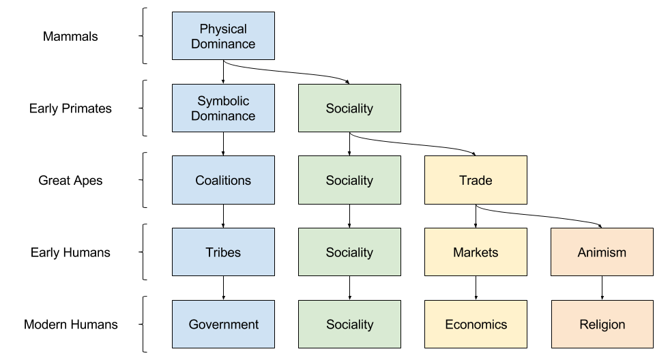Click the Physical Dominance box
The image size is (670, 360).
pyautogui.click(x=223, y=37)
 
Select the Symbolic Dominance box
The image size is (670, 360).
pyautogui.click(x=223, y=108)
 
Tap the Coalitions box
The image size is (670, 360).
pyautogui.click(x=223, y=181)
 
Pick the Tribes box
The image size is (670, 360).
pyautogui.click(x=223, y=252)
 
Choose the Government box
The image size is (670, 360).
pyautogui.click(x=223, y=325)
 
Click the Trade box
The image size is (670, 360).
pyautogui.click(x=476, y=181)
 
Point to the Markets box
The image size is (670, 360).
pyautogui.click(x=476, y=252)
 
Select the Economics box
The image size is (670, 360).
pyautogui.click(x=476, y=325)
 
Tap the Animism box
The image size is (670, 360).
pyautogui.click(x=602, y=252)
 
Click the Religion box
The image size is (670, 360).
pyautogui.click(x=602, y=325)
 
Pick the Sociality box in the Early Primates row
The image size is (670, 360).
pyautogui.click(x=349, y=108)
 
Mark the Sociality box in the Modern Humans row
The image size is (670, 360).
pyautogui.click(x=349, y=325)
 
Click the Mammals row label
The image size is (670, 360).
pyautogui.click(x=70, y=37)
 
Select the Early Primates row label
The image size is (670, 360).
pyautogui.click(x=70, y=108)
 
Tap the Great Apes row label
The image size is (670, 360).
pyautogui.click(x=70, y=181)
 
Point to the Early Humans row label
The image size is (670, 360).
pyautogui.click(x=70, y=252)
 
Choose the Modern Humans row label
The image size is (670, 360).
pyautogui.click(x=70, y=325)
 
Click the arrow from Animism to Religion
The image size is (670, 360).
pyautogui.click(x=602, y=288)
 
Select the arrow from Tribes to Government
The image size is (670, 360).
pyautogui.click(x=223, y=288)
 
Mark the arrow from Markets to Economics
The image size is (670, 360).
pyautogui.click(x=476, y=288)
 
